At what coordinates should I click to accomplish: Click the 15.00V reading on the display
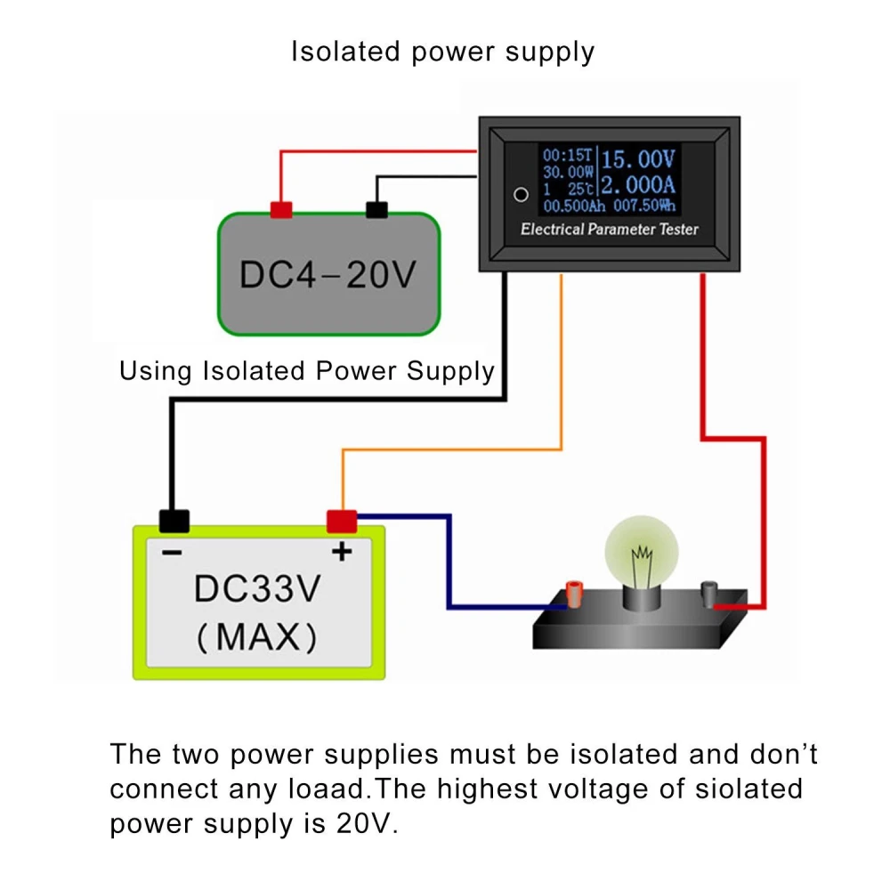pyautogui.click(x=639, y=160)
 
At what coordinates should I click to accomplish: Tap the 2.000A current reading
pyautogui.click(x=637, y=187)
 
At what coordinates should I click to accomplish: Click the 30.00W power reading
pyautogui.click(x=568, y=171)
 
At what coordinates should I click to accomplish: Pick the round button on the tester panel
pyautogui.click(x=522, y=194)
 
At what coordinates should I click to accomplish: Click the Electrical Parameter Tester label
pyautogui.click(x=610, y=230)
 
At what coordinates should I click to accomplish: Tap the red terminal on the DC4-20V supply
pyautogui.click(x=281, y=210)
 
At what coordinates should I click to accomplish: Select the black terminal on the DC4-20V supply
pyautogui.click(x=376, y=210)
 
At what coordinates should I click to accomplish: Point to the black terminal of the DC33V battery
pyautogui.click(x=174, y=521)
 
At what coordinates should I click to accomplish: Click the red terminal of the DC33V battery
pyautogui.click(x=342, y=521)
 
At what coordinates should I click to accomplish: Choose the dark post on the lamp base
pyautogui.click(x=710, y=591)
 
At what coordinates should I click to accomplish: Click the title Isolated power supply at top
pyautogui.click(x=442, y=52)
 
